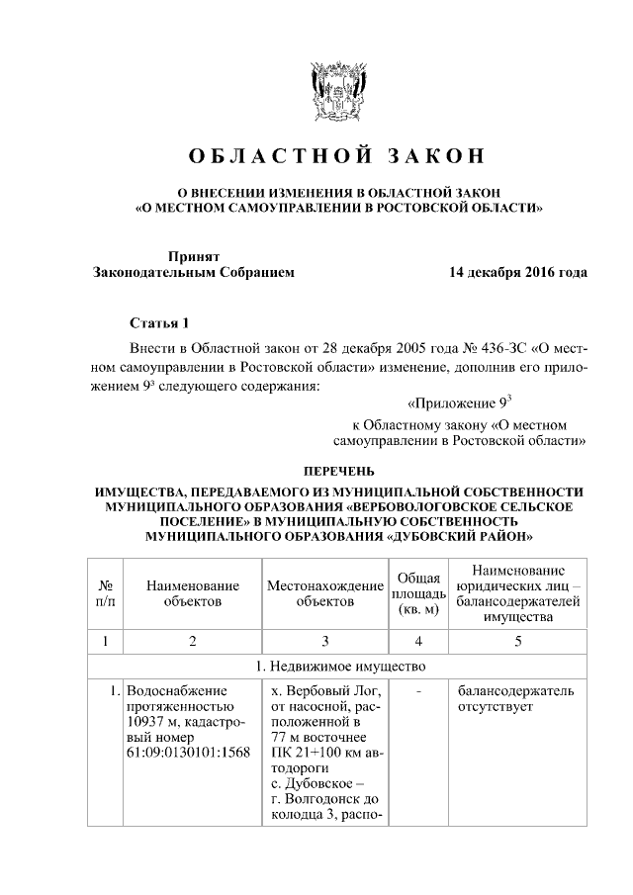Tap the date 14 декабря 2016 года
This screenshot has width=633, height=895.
(x=516, y=272)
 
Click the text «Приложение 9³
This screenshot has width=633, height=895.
(x=458, y=403)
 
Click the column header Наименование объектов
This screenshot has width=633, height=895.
(x=193, y=592)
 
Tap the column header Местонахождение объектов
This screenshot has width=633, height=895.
(x=324, y=592)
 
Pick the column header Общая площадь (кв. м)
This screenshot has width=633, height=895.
(x=419, y=592)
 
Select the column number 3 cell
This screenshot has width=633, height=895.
(x=324, y=641)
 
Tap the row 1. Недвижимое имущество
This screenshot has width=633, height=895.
(x=338, y=665)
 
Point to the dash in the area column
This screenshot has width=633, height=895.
(x=418, y=691)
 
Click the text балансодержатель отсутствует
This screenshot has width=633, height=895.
(x=514, y=699)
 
